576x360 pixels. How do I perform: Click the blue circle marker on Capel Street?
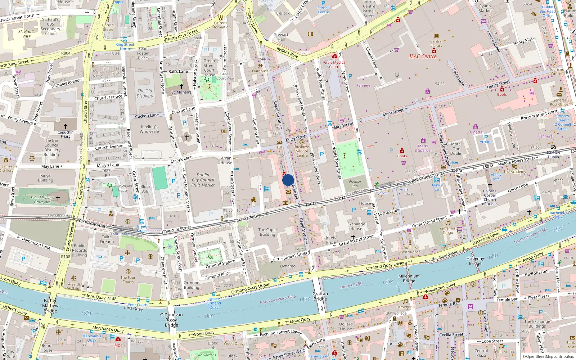(x=288, y=180)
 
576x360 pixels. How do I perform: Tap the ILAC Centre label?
(x=423, y=57)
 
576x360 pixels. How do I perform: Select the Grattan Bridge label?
(x=320, y=296)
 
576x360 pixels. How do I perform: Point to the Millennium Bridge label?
(x=409, y=278)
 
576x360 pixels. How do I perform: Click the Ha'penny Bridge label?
(x=475, y=261)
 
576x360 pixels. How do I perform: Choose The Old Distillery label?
(x=145, y=93)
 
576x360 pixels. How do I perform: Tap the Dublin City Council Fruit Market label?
(x=203, y=180)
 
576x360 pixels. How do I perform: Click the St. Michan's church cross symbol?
(x=181, y=86)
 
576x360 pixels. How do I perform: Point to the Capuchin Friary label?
(x=66, y=134)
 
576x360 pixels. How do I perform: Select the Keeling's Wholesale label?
(x=149, y=129)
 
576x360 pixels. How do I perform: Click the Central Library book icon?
(x=436, y=36)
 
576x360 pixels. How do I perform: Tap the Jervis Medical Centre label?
(x=334, y=64)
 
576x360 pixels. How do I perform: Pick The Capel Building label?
(x=267, y=232)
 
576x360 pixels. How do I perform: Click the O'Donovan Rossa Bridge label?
(x=171, y=320)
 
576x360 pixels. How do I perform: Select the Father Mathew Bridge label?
(x=50, y=306)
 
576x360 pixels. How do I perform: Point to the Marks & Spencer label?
(x=423, y=148)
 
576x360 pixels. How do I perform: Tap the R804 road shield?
(x=66, y=53)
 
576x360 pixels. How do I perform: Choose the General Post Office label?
(x=559, y=102)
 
